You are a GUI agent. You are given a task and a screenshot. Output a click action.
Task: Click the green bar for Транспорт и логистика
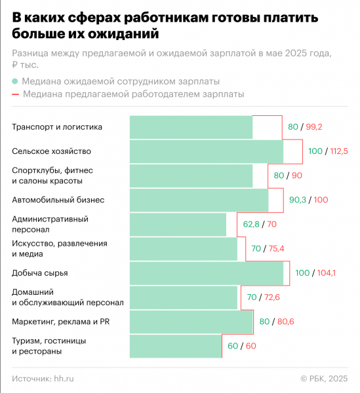tap(191, 127)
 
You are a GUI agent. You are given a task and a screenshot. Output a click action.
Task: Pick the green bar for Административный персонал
tap(178, 224)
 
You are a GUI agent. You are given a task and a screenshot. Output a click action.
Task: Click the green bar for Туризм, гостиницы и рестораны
tap(176, 346)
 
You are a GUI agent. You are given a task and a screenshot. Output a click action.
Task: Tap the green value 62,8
tap(252, 224)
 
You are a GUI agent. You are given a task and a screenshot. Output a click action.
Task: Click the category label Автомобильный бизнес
tap(58, 200)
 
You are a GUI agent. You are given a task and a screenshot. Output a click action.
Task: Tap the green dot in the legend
tap(14, 82)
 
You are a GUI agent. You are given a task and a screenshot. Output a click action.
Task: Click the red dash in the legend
tap(14, 94)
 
